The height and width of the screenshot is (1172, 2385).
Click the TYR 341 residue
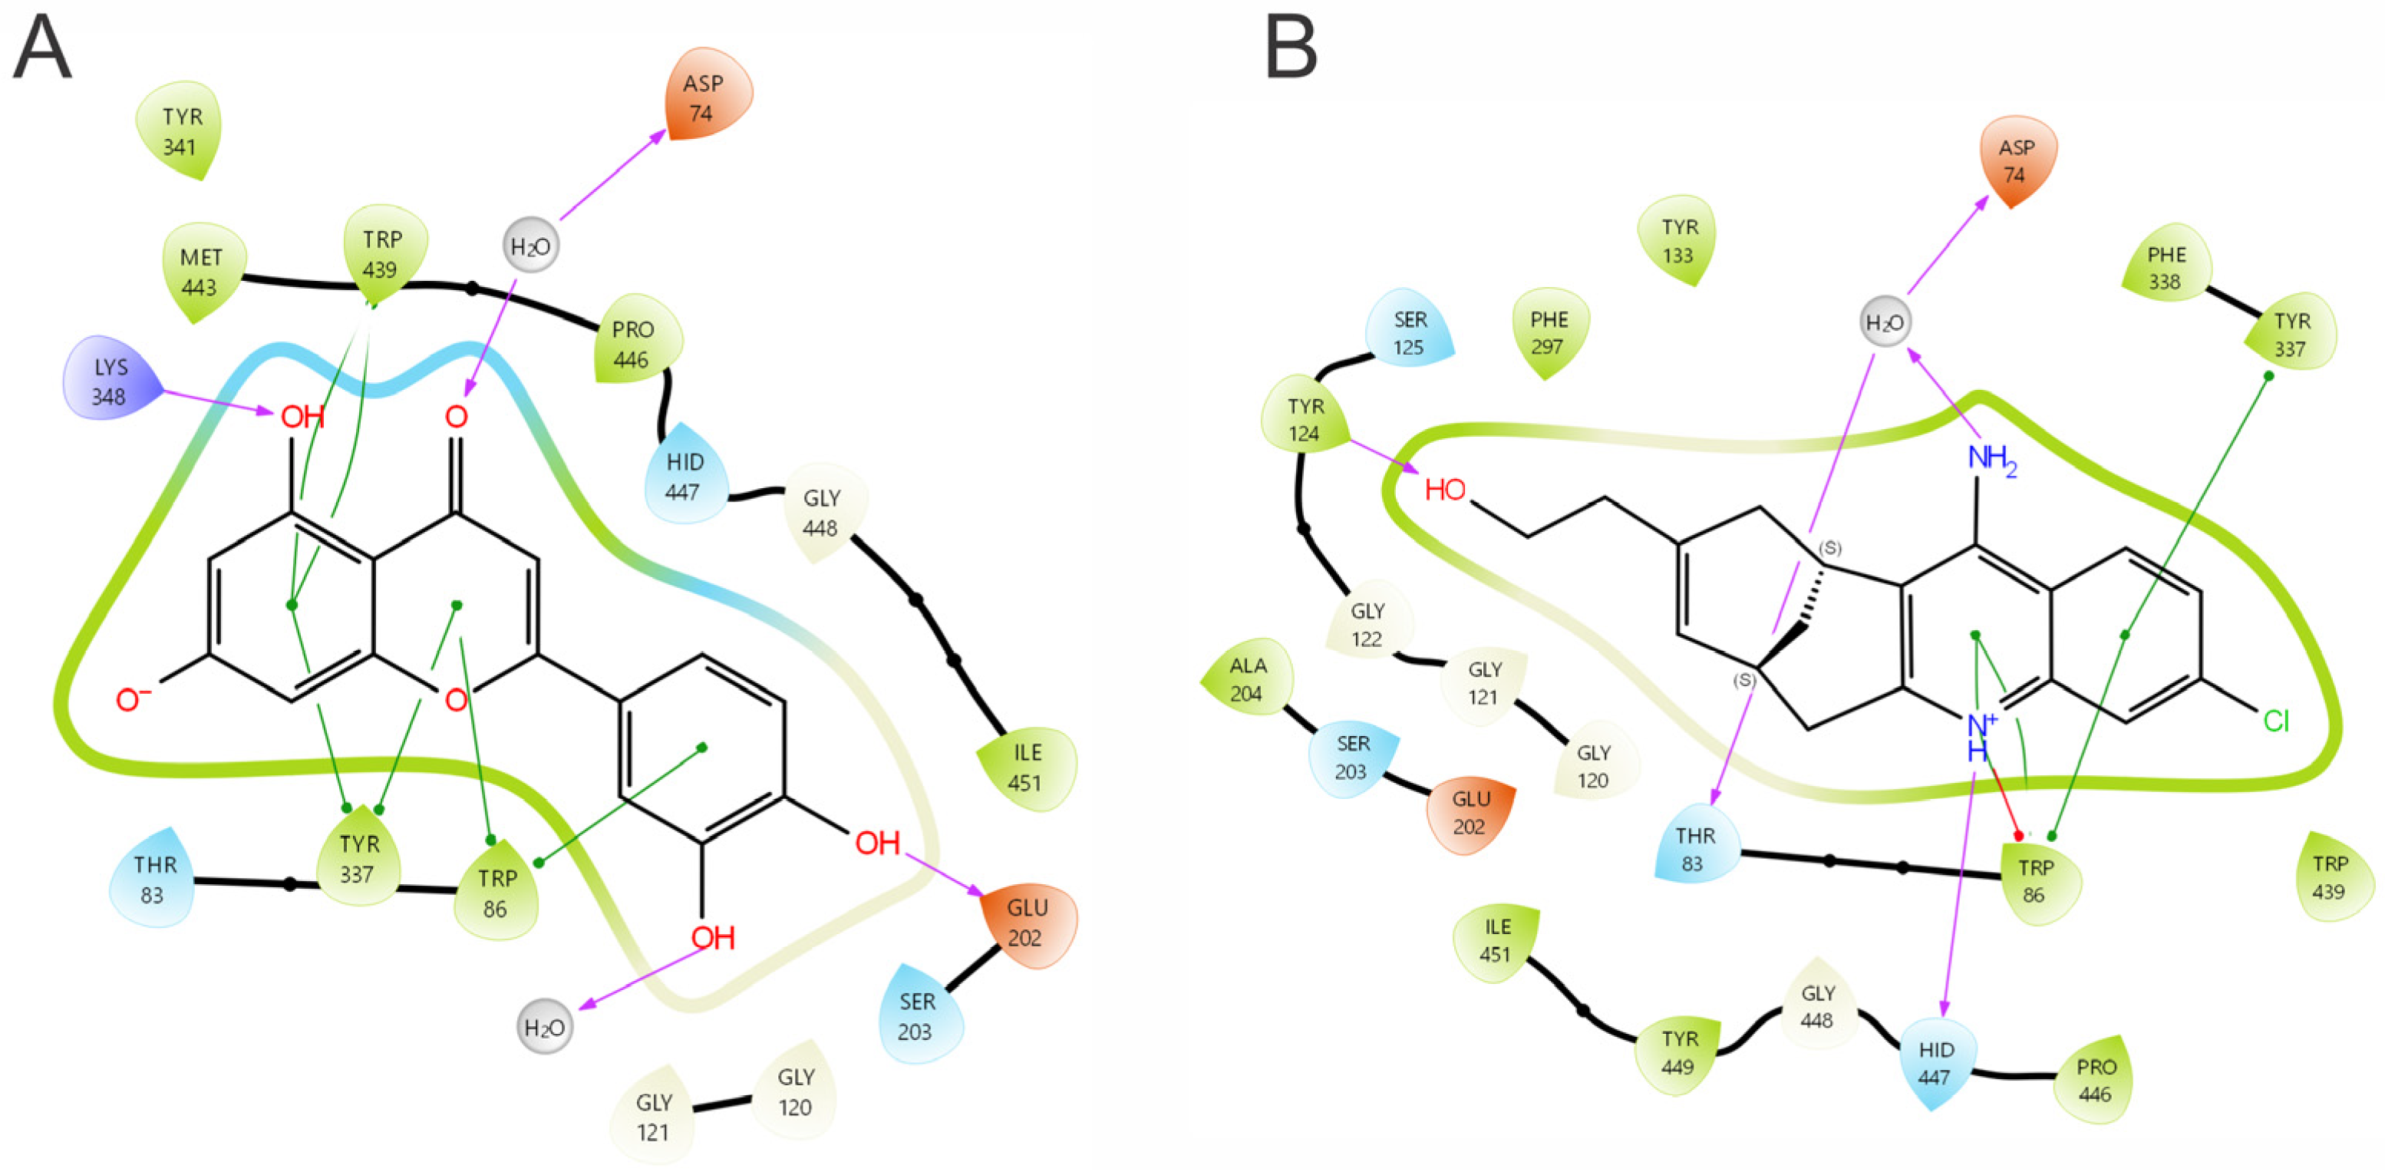[x=180, y=130]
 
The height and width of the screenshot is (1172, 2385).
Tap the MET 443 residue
[x=200, y=272]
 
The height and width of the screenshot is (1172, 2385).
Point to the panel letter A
[x=41, y=50]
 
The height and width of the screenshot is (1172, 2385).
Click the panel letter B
[x=1291, y=50]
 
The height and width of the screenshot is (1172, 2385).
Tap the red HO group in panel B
[x=1445, y=490]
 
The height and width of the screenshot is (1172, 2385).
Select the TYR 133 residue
[x=1678, y=241]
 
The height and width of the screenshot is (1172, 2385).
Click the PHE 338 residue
[x=2166, y=269]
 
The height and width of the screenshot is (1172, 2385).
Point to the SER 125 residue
[x=1409, y=333]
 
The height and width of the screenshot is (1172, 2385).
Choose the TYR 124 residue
[x=1305, y=419]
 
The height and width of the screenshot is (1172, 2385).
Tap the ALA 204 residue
[x=1246, y=678]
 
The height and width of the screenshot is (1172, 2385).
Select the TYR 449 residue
[x=1678, y=1052]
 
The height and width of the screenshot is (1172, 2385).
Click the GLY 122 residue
[x=1367, y=625]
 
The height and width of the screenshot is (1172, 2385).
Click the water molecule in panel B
[x=1884, y=323]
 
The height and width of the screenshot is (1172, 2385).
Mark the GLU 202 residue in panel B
[x=1470, y=812]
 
